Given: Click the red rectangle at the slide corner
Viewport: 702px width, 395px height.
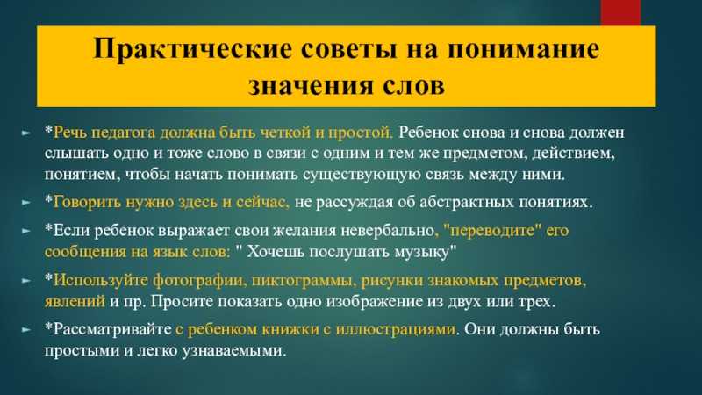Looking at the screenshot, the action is coord(620,12).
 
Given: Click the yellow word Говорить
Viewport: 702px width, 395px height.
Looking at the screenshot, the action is coord(87,202).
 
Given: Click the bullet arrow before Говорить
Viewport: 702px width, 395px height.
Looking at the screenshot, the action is coord(26,203).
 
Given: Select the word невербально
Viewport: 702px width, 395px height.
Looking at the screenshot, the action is coord(388,231).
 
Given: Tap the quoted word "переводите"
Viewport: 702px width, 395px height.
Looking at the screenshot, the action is coord(492,231).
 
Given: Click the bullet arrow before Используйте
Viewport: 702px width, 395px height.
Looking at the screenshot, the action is coord(26,280).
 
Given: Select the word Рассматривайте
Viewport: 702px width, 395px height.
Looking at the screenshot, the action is coord(112,330).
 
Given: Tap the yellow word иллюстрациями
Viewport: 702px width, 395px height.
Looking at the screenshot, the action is coord(396,330).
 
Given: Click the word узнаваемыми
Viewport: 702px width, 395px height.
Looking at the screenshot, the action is coord(233,350).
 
